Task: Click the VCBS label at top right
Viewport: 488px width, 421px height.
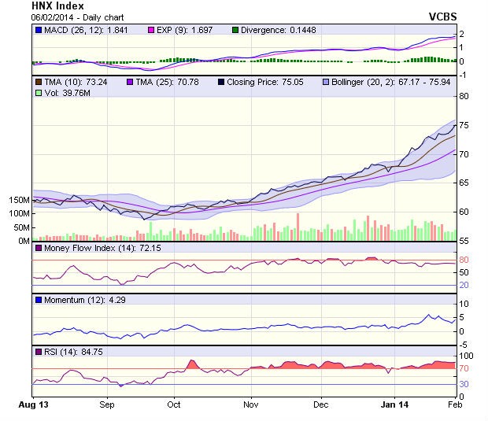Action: pyautogui.click(x=443, y=16)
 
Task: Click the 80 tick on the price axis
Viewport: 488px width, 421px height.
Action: pyautogui.click(x=464, y=96)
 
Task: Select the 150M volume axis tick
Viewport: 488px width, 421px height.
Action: pyautogui.click(x=17, y=200)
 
